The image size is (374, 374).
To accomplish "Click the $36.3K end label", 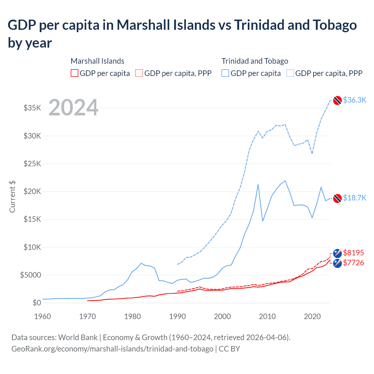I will click(x=354, y=100).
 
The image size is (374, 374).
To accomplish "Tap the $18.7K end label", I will click(x=354, y=198).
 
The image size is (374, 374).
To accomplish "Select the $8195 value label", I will click(x=354, y=252).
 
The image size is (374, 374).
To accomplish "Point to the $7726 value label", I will click(x=354, y=263).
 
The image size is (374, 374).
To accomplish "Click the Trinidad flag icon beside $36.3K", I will click(x=337, y=100).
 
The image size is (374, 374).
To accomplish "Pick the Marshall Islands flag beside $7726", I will click(x=337, y=263).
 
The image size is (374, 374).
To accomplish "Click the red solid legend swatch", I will click(x=75, y=73).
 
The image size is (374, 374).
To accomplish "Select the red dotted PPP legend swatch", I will click(x=139, y=73).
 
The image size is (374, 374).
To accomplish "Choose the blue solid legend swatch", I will click(x=225, y=73).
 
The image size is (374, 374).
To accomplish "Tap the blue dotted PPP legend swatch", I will click(x=290, y=73).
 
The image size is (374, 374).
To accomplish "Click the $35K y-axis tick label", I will click(x=32, y=108).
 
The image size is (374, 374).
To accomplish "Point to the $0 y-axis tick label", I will click(x=37, y=303).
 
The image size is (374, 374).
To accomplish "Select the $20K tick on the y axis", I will click(x=32, y=192).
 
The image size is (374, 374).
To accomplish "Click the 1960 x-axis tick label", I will click(x=43, y=316).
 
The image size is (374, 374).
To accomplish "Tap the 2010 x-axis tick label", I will click(x=267, y=316).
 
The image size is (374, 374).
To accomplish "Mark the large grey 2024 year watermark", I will click(x=73, y=108).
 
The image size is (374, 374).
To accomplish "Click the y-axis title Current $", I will click(x=12, y=196).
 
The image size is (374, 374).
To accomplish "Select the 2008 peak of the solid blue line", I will click(x=258, y=184).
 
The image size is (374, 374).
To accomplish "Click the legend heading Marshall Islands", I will click(x=97, y=61).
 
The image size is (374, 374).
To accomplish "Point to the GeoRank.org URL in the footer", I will click(x=112, y=349).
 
